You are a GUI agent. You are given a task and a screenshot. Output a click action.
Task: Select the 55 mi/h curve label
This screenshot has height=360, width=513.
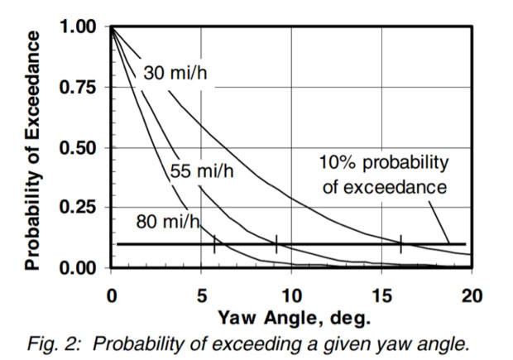pyautogui.click(x=202, y=173)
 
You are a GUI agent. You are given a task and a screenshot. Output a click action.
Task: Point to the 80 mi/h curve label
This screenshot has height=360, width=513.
pyautogui.click(x=168, y=221)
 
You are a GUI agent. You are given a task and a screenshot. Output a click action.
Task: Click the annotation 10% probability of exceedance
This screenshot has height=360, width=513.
pyautogui.click(x=384, y=175)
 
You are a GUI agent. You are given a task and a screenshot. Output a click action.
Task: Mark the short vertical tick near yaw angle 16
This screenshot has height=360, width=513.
pyautogui.click(x=401, y=244)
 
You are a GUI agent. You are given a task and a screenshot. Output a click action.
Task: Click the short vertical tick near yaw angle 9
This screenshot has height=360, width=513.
pyautogui.click(x=276, y=244)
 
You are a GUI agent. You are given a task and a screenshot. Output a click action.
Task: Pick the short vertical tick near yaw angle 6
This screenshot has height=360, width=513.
pyautogui.click(x=214, y=244)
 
